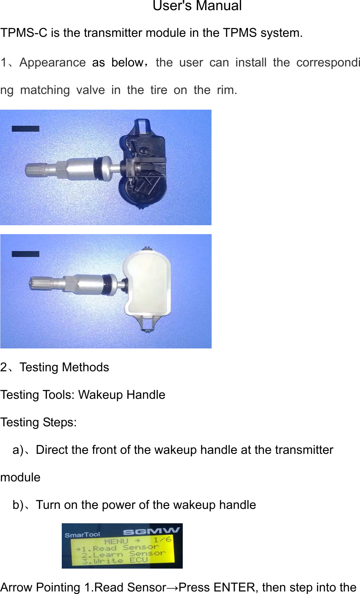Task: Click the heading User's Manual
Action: tap(197, 6)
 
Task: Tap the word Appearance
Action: tap(52, 63)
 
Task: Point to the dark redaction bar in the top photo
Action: tap(25, 129)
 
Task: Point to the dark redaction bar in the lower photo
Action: tap(25, 254)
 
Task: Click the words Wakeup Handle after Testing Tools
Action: tap(122, 395)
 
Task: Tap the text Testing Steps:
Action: tap(38, 423)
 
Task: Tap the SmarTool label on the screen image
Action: tap(82, 535)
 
